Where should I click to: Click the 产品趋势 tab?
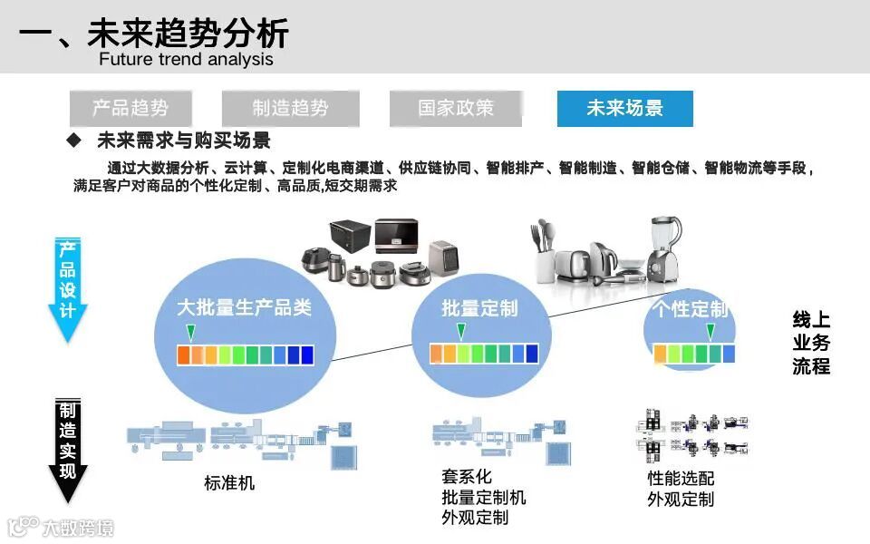[x=130, y=109]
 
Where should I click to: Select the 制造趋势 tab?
[x=290, y=109]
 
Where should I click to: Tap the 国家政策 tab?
[x=456, y=109]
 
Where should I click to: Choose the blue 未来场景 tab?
[x=624, y=109]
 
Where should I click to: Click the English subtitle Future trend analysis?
[x=186, y=60]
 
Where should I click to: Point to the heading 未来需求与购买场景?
[x=183, y=141]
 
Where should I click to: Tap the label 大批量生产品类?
[x=245, y=308]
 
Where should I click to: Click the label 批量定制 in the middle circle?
[x=479, y=309]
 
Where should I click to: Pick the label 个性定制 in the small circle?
[x=692, y=309]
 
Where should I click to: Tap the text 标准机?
[x=229, y=483]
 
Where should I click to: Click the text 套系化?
[x=467, y=477]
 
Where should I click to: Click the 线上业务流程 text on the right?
[x=811, y=344]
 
